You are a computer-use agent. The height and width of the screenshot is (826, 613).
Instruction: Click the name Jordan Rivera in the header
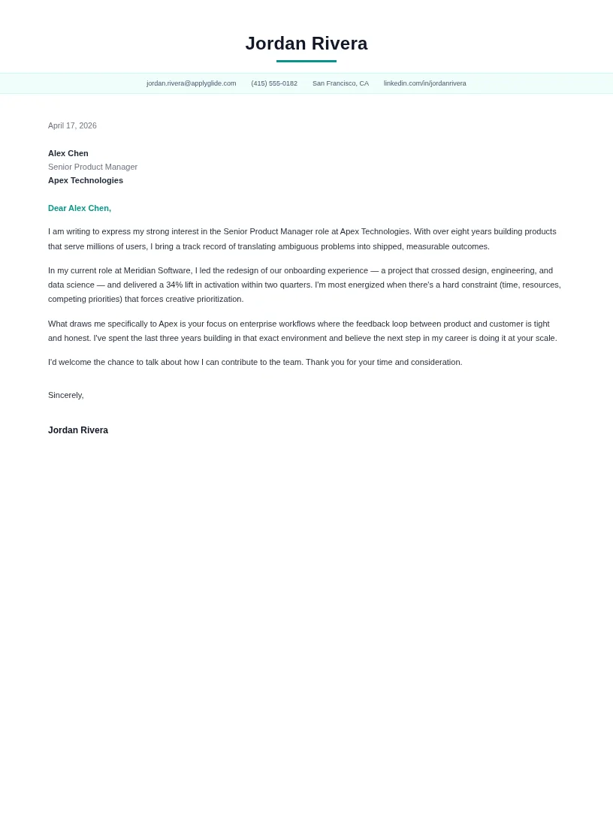coord(306,44)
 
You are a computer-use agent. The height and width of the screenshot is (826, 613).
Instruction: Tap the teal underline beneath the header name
coord(306,61)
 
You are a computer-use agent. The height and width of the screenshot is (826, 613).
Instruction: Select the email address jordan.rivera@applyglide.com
coord(191,83)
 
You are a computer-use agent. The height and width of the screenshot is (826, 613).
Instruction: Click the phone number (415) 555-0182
coord(274,83)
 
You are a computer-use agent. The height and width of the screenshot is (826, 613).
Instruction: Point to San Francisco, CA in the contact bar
coord(340,83)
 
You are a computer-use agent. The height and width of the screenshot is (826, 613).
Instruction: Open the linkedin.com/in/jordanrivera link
coord(424,83)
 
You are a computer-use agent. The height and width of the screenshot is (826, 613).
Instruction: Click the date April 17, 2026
coord(72,125)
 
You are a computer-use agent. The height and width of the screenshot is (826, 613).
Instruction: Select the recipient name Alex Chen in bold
coord(68,153)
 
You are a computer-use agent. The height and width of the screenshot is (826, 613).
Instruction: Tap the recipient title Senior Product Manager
coord(92,167)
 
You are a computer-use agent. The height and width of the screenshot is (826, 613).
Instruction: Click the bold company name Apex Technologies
coord(86,180)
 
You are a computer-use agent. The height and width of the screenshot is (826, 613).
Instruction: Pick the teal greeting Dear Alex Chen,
coord(80,208)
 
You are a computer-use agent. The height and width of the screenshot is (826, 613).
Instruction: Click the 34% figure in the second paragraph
coord(174,285)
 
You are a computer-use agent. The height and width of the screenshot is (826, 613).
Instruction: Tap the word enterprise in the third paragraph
coord(258,324)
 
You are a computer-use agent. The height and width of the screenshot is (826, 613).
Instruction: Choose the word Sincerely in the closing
coord(65,395)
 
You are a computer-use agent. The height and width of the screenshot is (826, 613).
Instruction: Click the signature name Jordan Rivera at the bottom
coord(78,430)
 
